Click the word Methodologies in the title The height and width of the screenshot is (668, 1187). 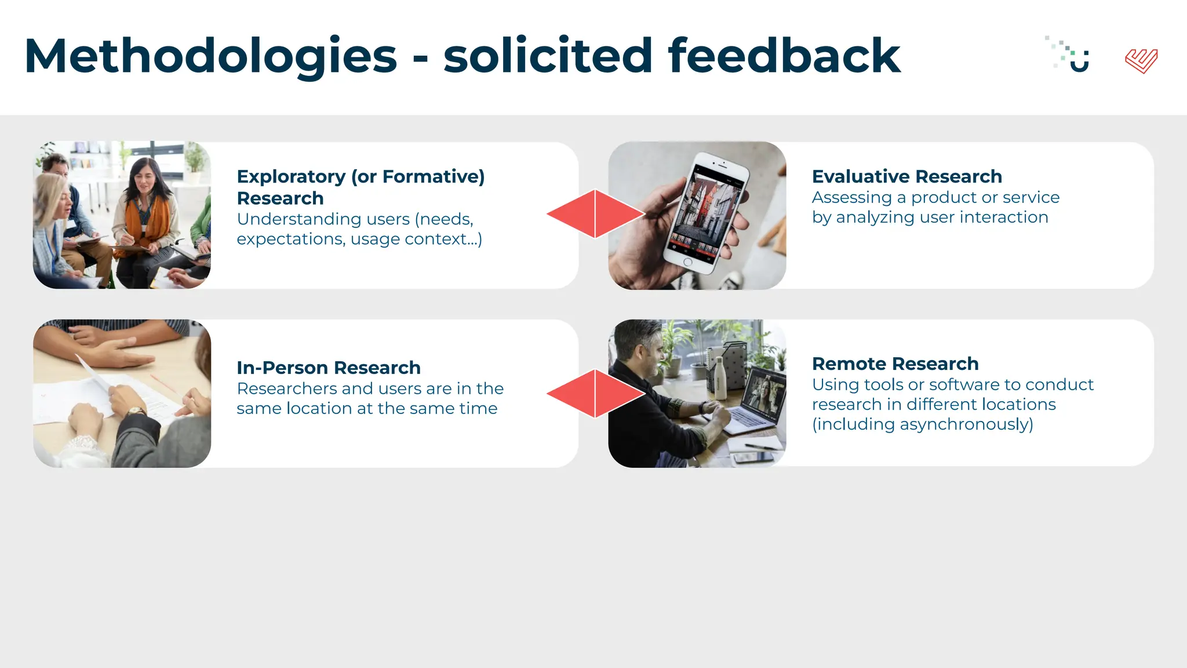point(210,56)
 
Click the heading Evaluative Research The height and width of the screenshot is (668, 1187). point(906,176)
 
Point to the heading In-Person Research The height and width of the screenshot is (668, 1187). point(328,368)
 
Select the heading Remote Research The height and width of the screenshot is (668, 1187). point(895,364)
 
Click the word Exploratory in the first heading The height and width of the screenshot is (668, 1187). point(291,176)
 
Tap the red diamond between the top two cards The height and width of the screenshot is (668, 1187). point(595,214)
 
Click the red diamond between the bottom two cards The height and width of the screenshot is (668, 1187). point(595,394)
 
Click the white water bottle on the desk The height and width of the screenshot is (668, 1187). point(720,378)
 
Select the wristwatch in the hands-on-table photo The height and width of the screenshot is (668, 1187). point(137,412)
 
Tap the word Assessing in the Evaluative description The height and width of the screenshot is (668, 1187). point(851,198)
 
